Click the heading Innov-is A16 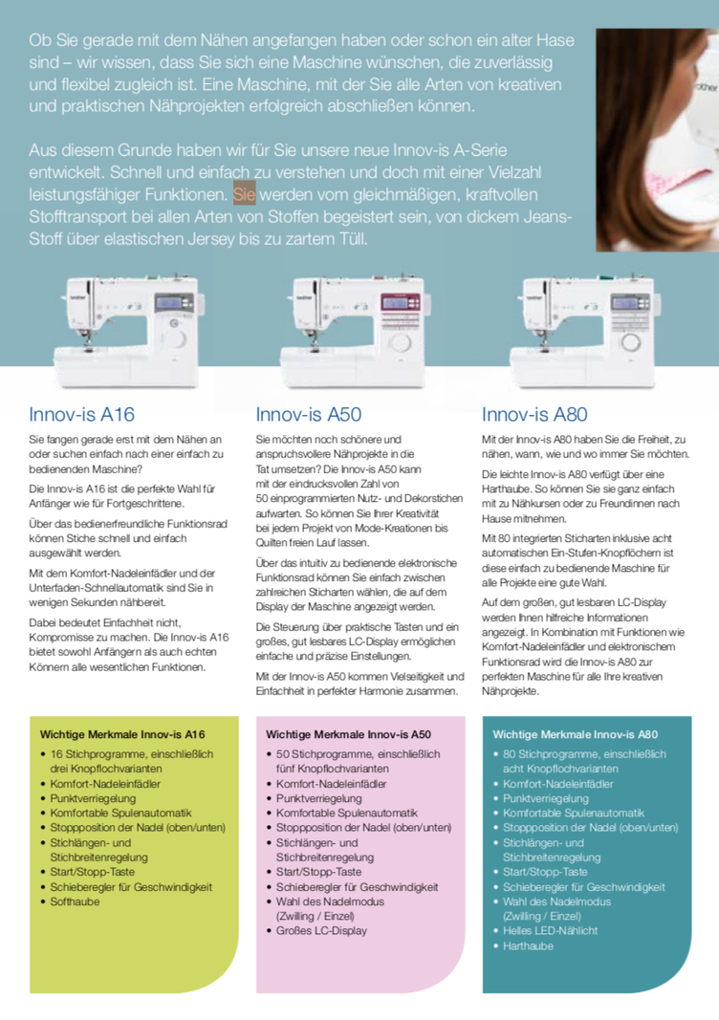(x=81, y=415)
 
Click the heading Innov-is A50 (x=308, y=415)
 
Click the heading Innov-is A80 (x=534, y=415)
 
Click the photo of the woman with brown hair (x=657, y=139)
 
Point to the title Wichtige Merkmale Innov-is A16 (x=122, y=735)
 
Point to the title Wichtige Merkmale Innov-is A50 (x=348, y=735)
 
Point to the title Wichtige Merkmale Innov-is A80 (x=575, y=735)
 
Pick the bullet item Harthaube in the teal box (x=528, y=945)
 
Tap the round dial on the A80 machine (x=630, y=344)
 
